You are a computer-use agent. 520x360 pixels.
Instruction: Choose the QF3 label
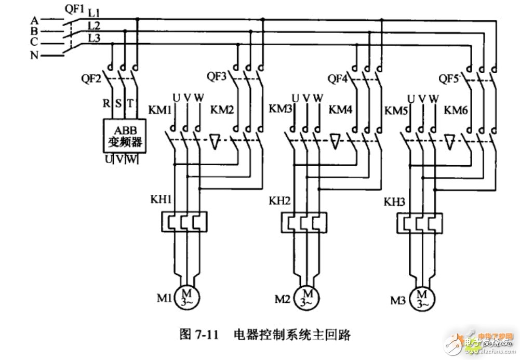(x=216, y=76)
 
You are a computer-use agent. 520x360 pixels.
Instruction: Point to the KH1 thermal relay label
(x=158, y=199)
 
